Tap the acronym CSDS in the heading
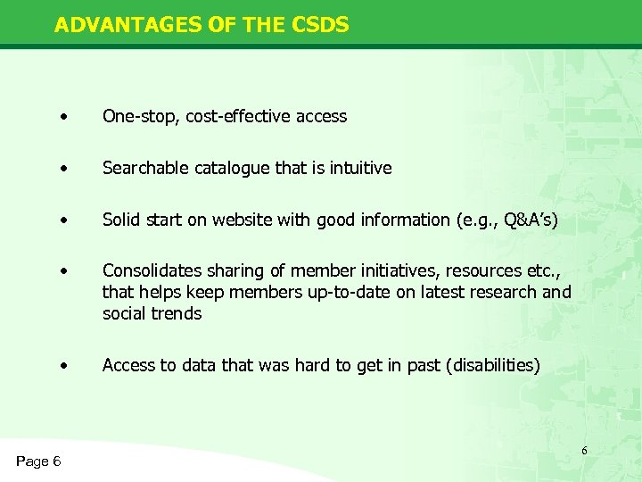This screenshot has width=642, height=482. (319, 25)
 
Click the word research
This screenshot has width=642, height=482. (508, 292)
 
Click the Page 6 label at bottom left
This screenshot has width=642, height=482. (38, 461)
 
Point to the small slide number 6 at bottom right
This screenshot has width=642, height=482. (584, 451)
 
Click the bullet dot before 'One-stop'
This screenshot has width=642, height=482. (63, 117)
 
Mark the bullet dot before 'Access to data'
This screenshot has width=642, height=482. (63, 365)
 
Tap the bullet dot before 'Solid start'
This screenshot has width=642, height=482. (63, 220)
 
